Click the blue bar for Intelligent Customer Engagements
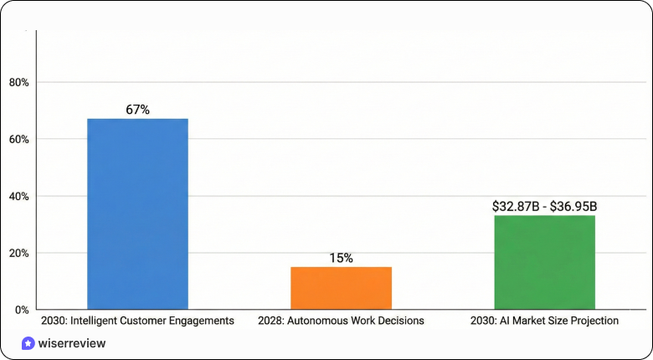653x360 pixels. click(x=138, y=213)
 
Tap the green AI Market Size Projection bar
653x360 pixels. click(x=544, y=262)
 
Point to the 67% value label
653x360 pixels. click(x=137, y=110)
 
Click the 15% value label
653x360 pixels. click(x=341, y=258)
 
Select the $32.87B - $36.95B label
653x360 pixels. click(x=544, y=206)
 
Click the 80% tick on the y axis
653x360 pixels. click(x=18, y=82)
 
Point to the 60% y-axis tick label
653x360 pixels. click(x=18, y=139)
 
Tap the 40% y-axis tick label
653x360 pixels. click(x=18, y=196)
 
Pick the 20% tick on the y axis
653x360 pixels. click(x=18, y=253)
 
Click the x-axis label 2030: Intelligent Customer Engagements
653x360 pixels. click(x=137, y=321)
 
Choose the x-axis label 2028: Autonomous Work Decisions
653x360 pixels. click(x=341, y=321)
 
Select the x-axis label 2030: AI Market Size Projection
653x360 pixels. click(x=544, y=321)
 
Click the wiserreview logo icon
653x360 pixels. click(x=28, y=343)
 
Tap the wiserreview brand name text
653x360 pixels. click(x=72, y=343)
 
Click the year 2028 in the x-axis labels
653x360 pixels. click(x=270, y=321)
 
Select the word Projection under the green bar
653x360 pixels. click(x=595, y=321)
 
